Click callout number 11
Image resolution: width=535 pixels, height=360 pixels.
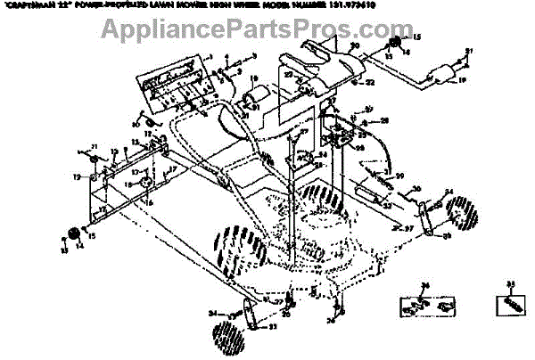point(95,146)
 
